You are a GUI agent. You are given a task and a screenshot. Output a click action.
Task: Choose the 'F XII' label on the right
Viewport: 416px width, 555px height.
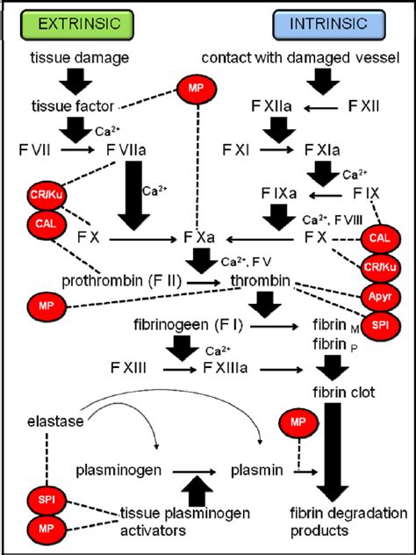click(x=365, y=105)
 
